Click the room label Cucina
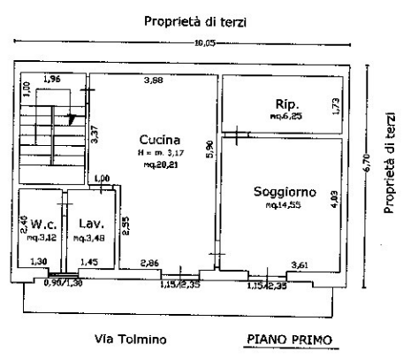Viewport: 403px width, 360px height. tap(159, 140)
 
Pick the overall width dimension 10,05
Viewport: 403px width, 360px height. tap(205, 42)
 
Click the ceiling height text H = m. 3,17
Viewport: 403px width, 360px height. tap(160, 154)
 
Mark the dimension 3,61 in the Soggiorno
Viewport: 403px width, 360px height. tap(302, 263)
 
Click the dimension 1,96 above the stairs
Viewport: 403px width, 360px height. tap(54, 80)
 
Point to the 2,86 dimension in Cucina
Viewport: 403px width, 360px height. tap(153, 263)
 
